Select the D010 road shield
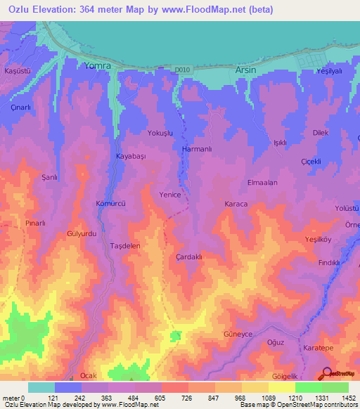[x=183, y=69]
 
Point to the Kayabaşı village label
[x=130, y=157]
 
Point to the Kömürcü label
[x=110, y=203]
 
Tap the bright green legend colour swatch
[x=309, y=387]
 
